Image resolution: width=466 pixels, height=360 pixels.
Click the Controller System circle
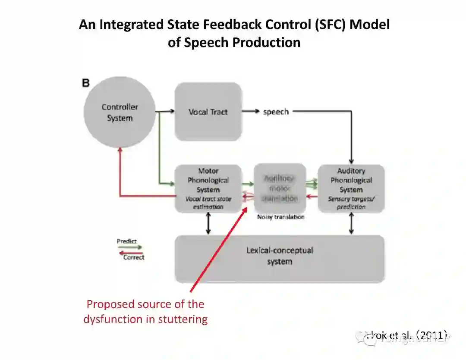pyautogui.click(x=120, y=113)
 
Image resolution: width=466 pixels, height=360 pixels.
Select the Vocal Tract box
pyautogui.click(x=208, y=112)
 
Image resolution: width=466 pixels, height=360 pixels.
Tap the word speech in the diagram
pyautogui.click(x=276, y=112)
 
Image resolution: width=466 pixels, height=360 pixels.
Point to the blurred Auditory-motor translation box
pyautogui.click(x=280, y=188)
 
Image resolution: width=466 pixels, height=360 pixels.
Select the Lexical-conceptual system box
pyautogui.click(x=279, y=256)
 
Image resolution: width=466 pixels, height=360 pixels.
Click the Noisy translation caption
pyautogui.click(x=280, y=217)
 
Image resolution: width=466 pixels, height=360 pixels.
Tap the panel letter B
pyautogui.click(x=86, y=83)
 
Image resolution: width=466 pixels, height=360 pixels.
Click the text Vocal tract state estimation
pyautogui.click(x=208, y=203)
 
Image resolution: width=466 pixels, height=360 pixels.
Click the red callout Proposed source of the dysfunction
pyautogui.click(x=145, y=311)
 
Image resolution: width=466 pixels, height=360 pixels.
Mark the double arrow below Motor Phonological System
pyautogui.click(x=208, y=223)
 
